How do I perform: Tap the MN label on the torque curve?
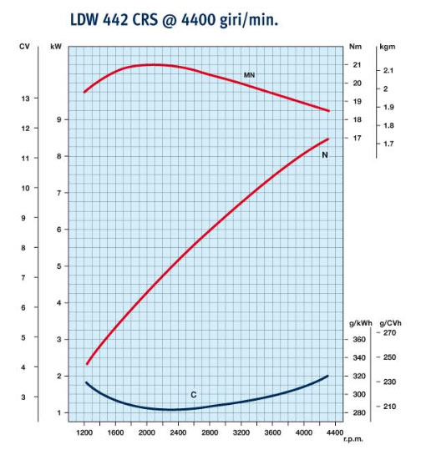(x=249, y=75)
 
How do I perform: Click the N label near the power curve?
(x=324, y=155)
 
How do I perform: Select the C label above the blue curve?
(x=193, y=394)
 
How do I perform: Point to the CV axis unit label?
(x=24, y=47)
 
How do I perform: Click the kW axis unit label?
(x=56, y=47)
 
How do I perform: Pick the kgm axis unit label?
(x=387, y=47)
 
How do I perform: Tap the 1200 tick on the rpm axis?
(x=84, y=433)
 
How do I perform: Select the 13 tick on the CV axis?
(x=24, y=99)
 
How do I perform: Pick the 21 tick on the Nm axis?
(x=357, y=64)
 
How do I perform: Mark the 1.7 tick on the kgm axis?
(x=388, y=144)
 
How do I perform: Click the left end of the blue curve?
(x=86, y=382)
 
